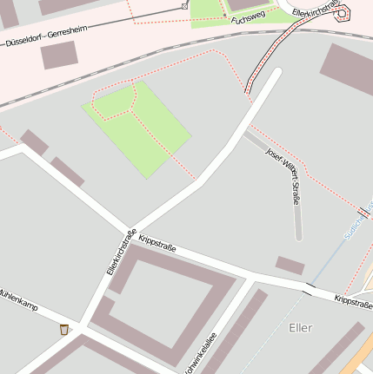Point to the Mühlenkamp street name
coord(17,298)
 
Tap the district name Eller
coord(299,327)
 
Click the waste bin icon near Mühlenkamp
coord(64,329)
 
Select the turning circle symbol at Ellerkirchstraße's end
coord(342,13)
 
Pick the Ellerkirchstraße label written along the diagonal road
coord(122,251)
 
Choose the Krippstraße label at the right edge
coord(354,302)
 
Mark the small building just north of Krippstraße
coord(290,265)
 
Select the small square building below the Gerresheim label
coord(59,55)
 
